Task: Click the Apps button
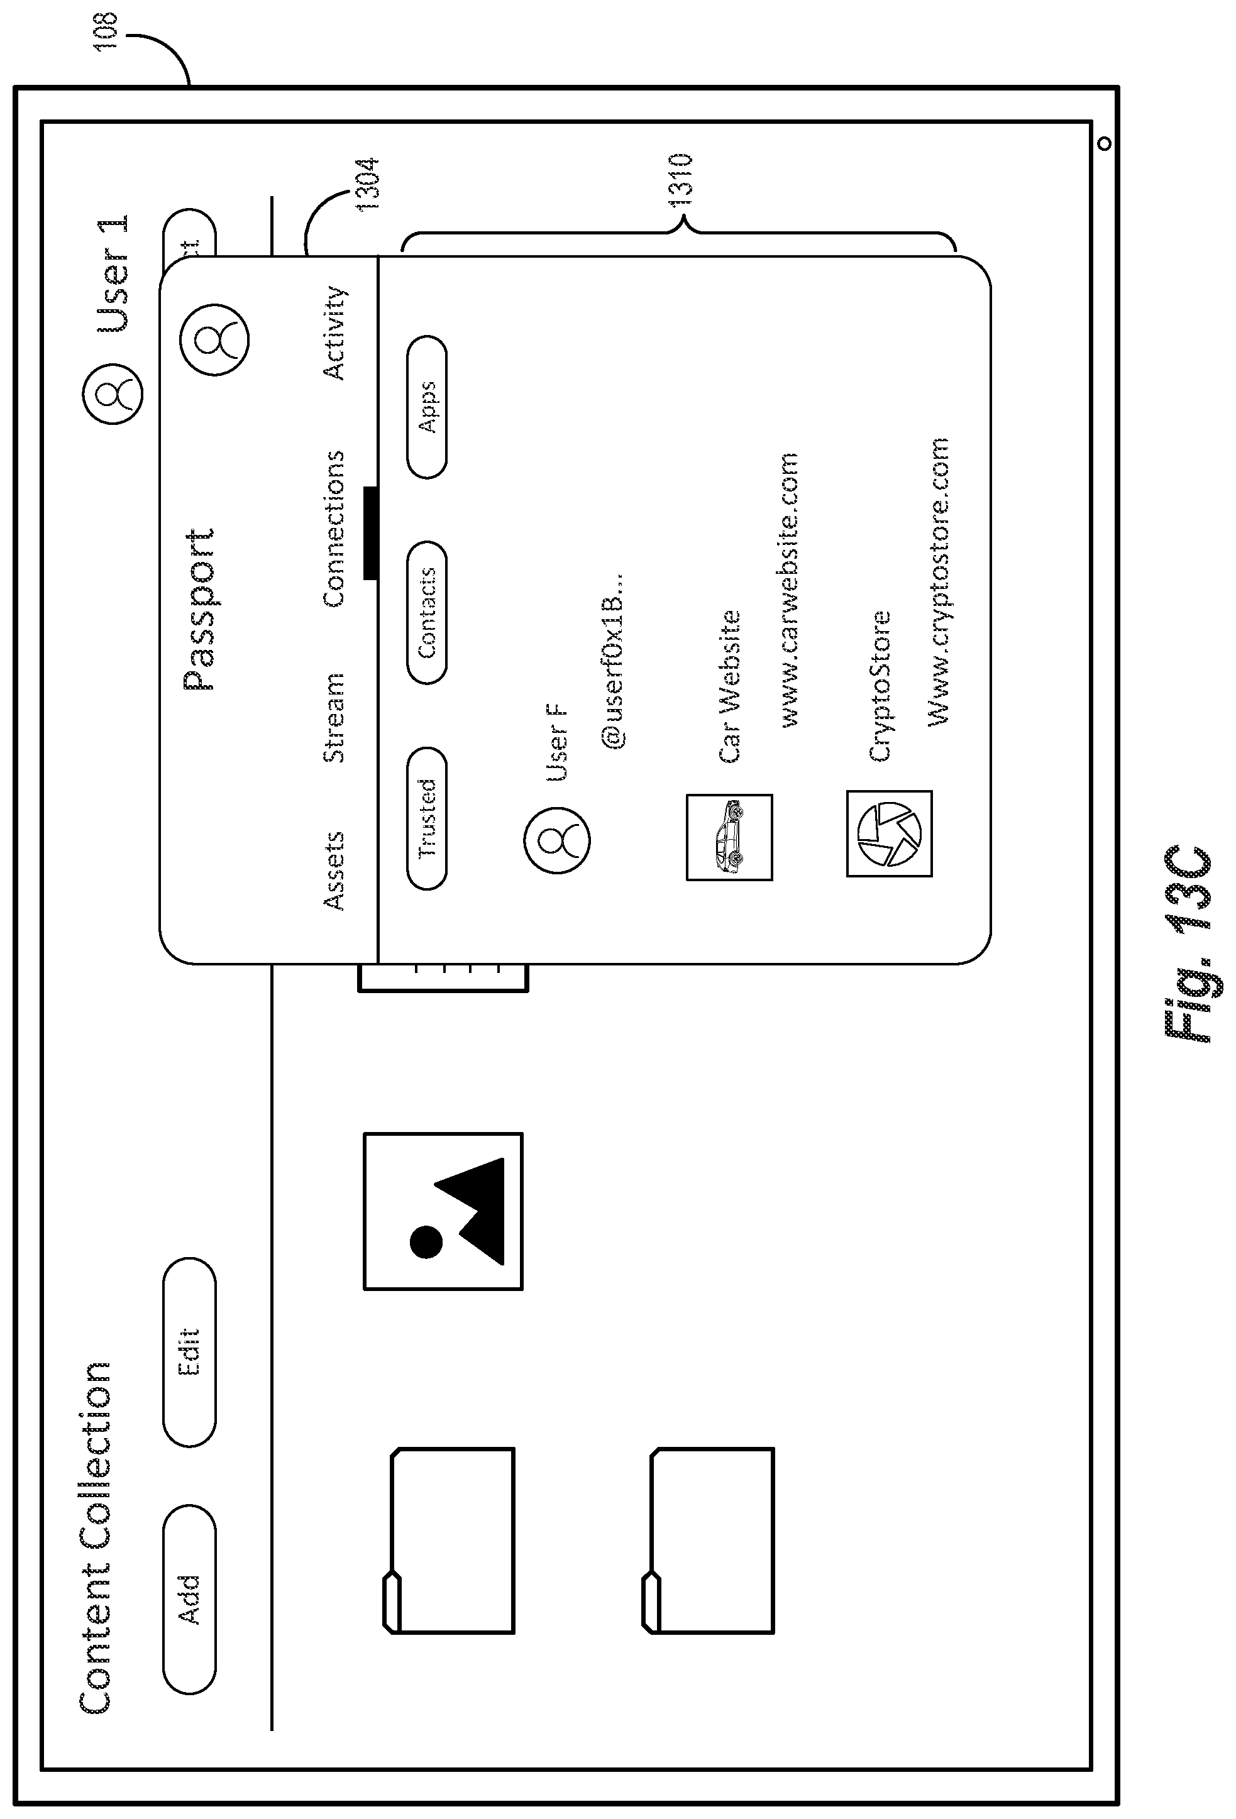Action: coord(427,407)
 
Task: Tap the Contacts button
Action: coord(427,613)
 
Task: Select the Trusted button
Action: coord(427,818)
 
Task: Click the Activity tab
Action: coord(334,332)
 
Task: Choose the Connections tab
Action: coord(334,529)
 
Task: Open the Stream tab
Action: coord(334,717)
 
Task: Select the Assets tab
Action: coord(334,871)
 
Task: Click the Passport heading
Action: coord(199,610)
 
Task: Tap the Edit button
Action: coord(189,1352)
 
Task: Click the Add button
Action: coord(189,1599)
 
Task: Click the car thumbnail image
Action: coord(729,837)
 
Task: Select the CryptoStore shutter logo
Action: coord(889,833)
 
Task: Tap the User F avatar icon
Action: coord(556,840)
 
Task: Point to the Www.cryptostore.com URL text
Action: coord(938,581)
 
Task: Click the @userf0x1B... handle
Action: coord(614,661)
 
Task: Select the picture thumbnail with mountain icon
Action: coord(443,1211)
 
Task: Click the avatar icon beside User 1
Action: coord(113,393)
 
